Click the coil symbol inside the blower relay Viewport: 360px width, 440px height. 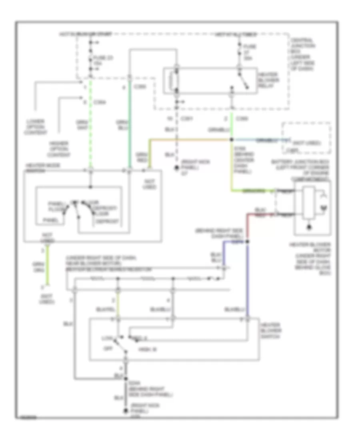pos(174,82)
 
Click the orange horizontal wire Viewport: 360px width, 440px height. pos(188,140)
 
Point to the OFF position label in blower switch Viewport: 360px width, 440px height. pos(107,348)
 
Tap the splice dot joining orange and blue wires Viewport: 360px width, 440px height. pos(232,140)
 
